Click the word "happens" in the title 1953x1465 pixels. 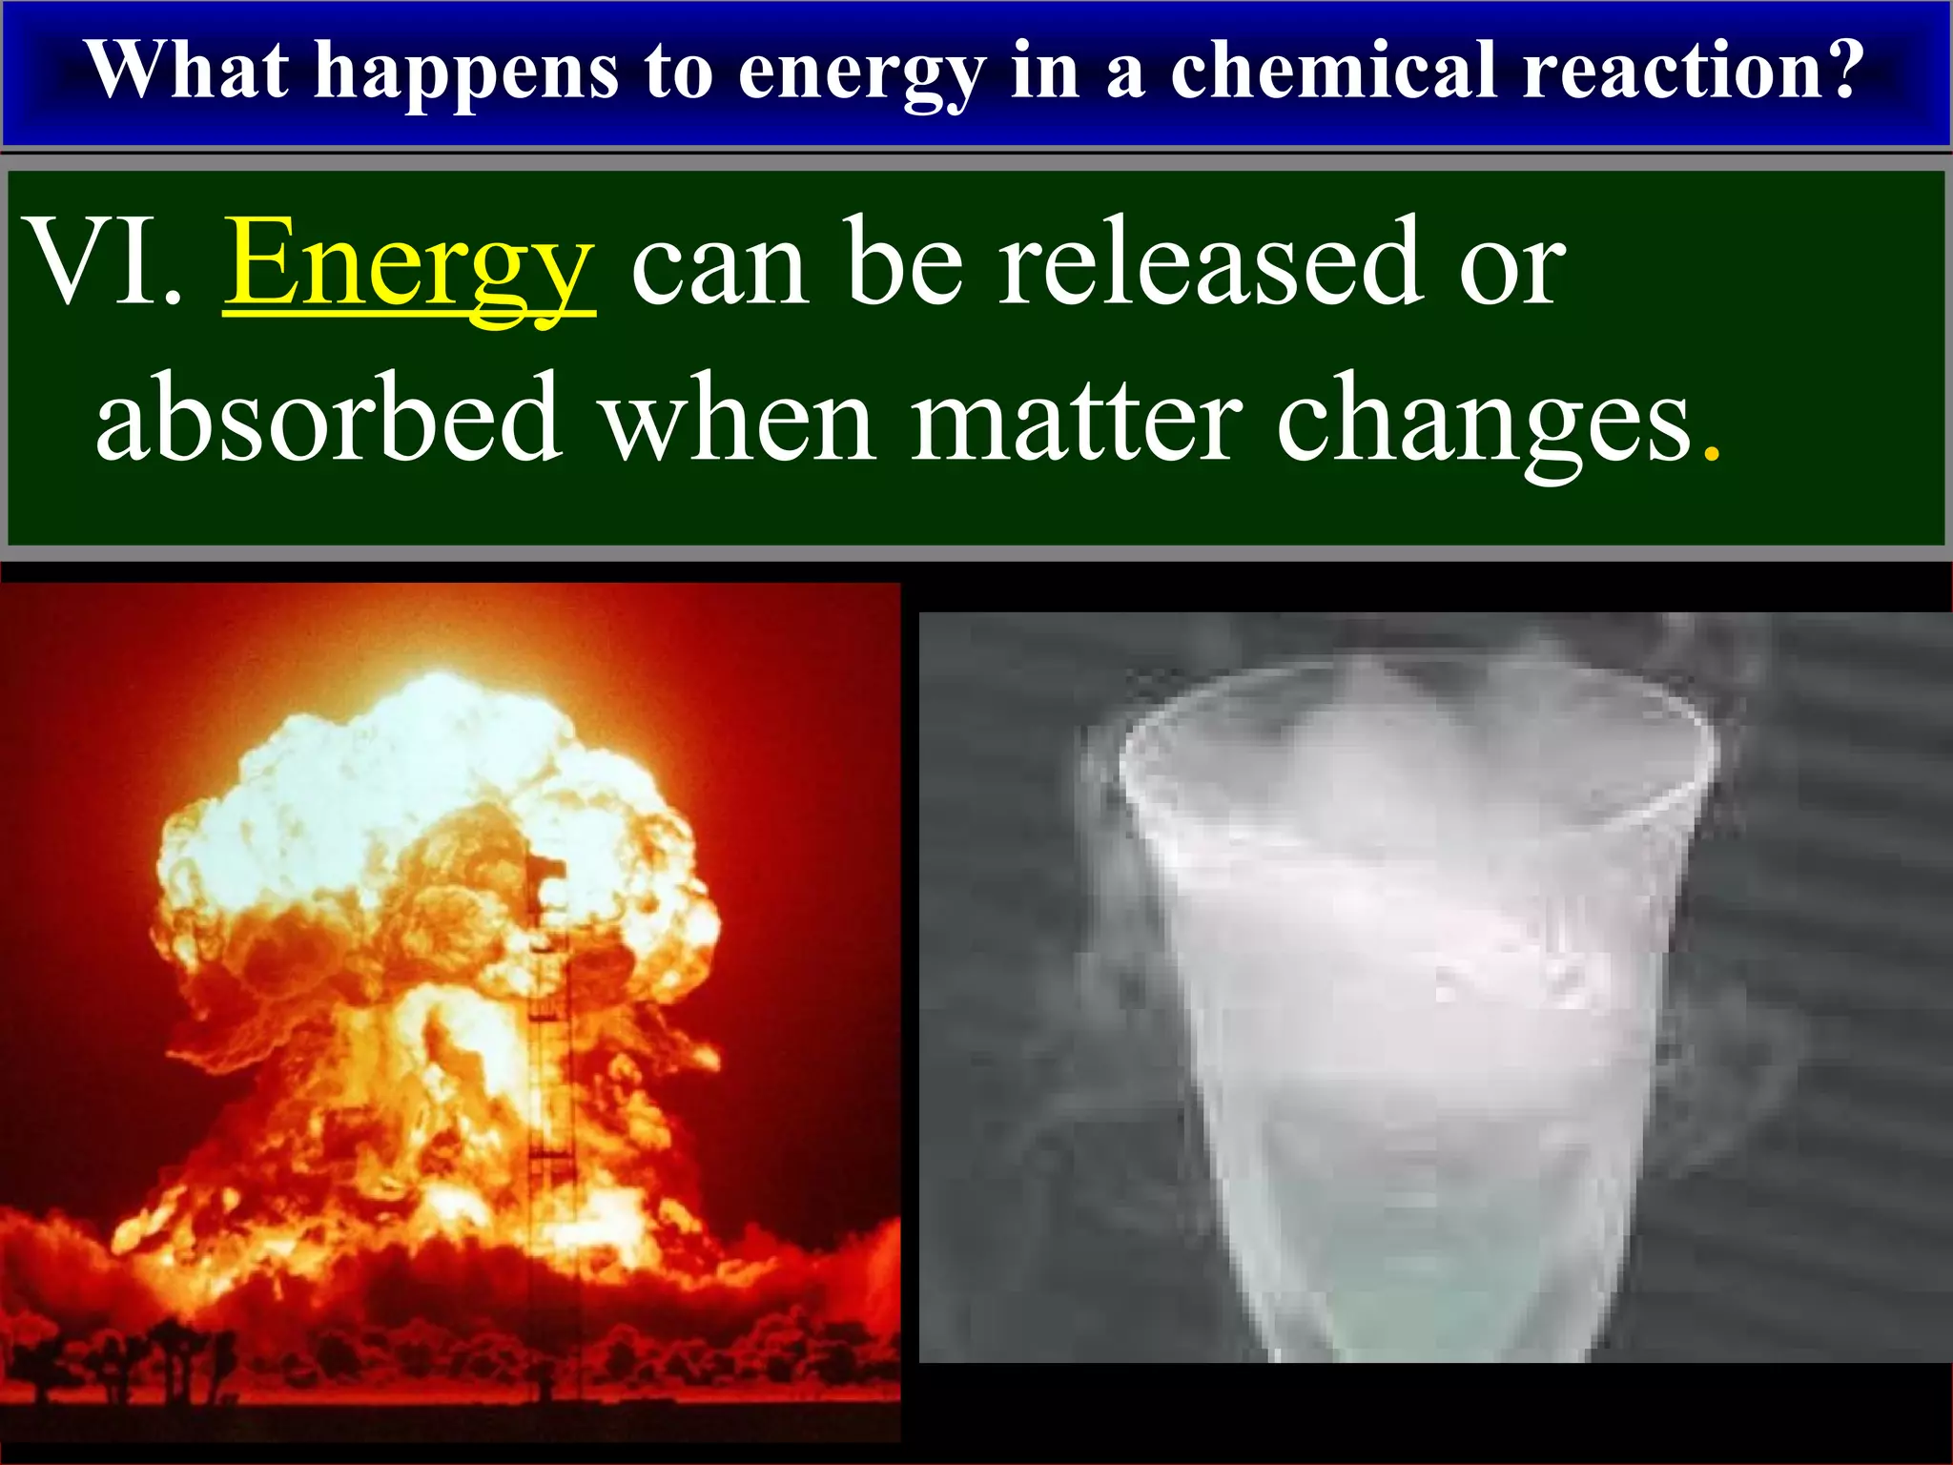(x=466, y=72)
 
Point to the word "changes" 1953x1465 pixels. (x=1484, y=420)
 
